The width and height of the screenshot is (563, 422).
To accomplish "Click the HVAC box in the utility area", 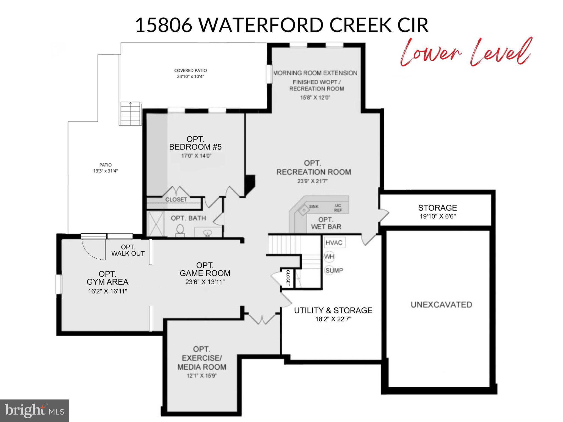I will [334, 243].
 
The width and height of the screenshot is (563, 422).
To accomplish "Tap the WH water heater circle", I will [329, 257].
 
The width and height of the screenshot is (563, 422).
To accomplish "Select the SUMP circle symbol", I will [330, 270].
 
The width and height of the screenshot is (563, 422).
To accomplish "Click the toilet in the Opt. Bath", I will [180, 230].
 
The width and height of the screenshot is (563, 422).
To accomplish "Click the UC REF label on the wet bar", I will [338, 208].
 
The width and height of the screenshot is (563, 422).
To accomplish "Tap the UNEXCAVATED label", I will [441, 304].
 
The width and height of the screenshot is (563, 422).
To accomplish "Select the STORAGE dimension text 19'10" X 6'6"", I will [438, 216].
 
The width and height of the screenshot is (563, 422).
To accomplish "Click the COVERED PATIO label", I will [191, 71].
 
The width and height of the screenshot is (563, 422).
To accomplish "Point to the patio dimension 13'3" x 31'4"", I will [106, 171].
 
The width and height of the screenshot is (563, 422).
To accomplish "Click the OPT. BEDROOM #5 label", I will [195, 143].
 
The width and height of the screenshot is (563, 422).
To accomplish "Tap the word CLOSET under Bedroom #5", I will [176, 199].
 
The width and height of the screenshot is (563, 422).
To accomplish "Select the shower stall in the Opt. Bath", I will [156, 224].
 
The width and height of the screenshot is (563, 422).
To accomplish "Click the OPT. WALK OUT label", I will [128, 250].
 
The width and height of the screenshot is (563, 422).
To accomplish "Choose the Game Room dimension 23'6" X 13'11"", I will [205, 282].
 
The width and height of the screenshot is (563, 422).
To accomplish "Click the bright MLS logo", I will [34, 410].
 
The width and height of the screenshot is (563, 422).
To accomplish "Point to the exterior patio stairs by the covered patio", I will [130, 113].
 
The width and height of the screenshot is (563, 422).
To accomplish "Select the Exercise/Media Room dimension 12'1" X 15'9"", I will [202, 376].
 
